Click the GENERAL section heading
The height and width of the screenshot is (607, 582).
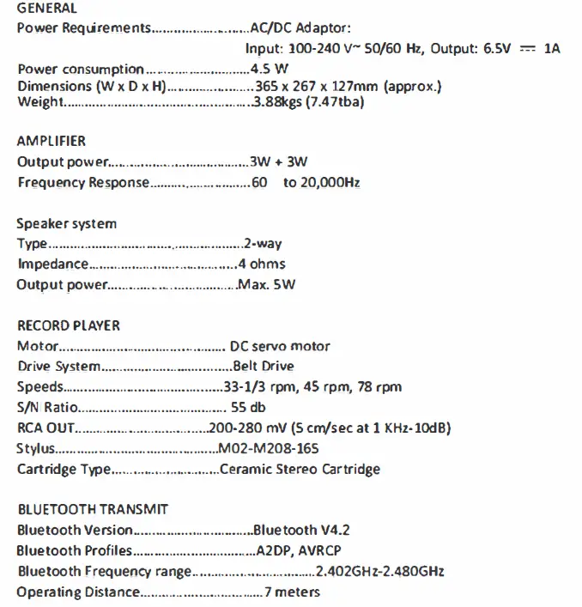click(46, 9)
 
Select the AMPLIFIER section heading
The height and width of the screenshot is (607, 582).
click(52, 141)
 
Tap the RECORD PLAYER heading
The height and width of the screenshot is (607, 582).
click(69, 325)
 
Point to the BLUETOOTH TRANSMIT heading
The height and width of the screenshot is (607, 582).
click(93, 509)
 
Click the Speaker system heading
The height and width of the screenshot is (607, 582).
click(66, 223)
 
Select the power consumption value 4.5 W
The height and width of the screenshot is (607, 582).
click(270, 69)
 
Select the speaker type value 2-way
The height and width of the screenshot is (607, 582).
click(263, 244)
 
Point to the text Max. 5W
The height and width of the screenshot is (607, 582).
click(266, 284)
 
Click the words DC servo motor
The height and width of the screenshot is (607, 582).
click(280, 347)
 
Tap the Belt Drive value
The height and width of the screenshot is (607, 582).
click(258, 367)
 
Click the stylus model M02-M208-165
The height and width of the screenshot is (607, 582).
click(269, 448)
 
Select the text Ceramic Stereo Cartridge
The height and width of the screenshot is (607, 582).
click(300, 469)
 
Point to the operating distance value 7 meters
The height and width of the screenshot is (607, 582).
click(292, 592)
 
